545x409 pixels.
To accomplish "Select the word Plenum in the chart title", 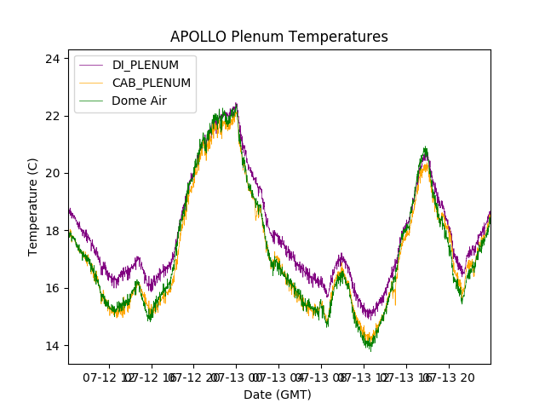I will click(x=261, y=37).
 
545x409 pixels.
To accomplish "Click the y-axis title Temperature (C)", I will click(x=33, y=207).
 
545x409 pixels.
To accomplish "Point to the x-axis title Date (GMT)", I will click(x=278, y=395).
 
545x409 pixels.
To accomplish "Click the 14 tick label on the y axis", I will click(x=53, y=345).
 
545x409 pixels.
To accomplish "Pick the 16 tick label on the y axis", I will click(x=53, y=288).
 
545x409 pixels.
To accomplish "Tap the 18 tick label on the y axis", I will click(x=53, y=230).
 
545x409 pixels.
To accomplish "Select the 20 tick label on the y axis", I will click(x=53, y=173).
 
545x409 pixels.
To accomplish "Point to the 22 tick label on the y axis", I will click(x=53, y=116).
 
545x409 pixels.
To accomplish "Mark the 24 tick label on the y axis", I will click(x=53, y=58).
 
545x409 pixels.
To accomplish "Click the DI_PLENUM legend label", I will click(x=146, y=66).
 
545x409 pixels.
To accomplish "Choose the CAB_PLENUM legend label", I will click(x=152, y=83).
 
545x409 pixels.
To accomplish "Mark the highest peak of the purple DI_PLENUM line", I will click(x=236, y=104).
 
